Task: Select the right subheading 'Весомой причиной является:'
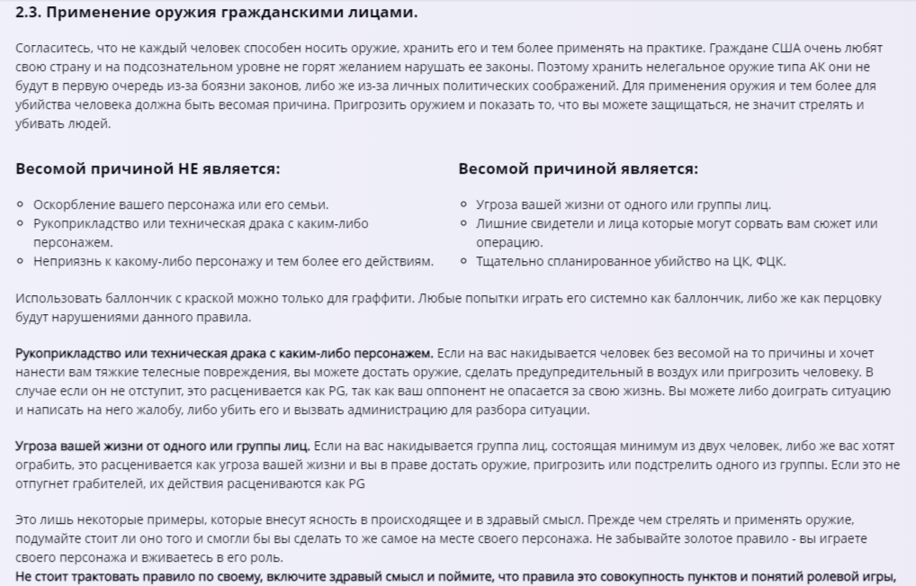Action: (578, 169)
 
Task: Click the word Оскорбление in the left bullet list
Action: (73, 204)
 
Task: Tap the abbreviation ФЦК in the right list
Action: (773, 262)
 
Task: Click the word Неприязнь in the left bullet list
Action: (69, 262)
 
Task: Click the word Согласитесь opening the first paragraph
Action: (51, 47)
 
